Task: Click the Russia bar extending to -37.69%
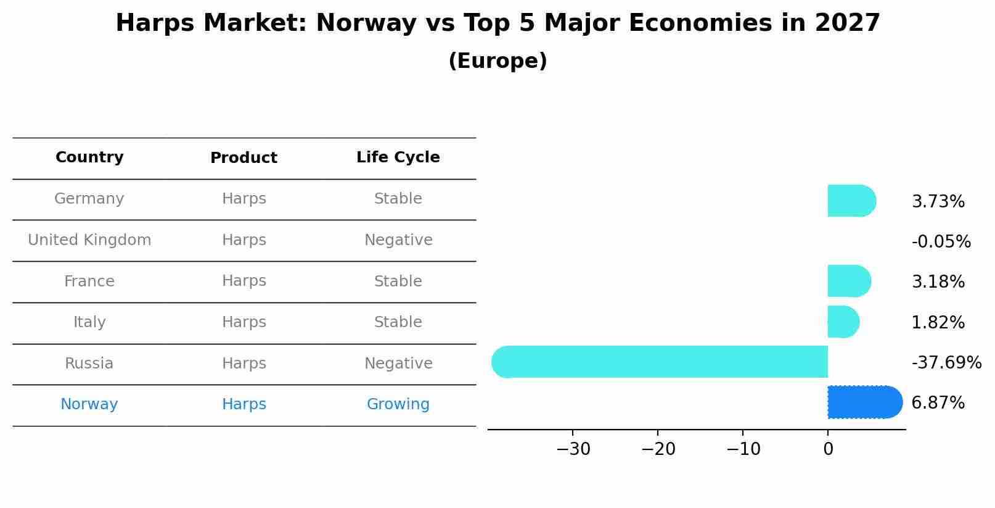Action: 660,362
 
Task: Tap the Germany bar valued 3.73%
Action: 851,201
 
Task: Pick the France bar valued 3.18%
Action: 849,281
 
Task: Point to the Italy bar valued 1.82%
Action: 843,322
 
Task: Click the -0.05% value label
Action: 941,241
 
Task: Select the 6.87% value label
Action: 938,403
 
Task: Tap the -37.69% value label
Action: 946,362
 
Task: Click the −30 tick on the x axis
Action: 573,449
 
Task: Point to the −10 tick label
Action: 743,449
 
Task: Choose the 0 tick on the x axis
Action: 828,449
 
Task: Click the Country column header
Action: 89,157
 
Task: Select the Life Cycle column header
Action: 398,157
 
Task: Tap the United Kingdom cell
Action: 89,240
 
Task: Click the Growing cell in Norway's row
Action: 398,404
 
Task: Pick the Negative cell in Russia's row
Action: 398,364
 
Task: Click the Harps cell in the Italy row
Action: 244,322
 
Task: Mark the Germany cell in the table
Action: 89,199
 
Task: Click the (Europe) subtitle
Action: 497,61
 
